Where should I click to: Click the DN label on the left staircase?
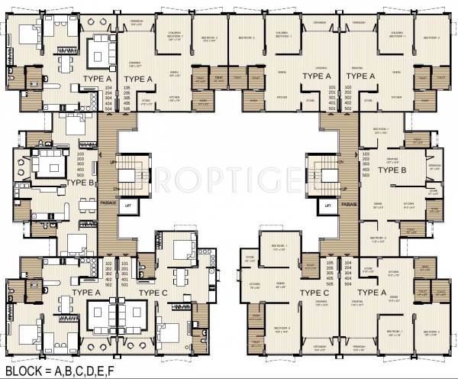[x=114, y=187]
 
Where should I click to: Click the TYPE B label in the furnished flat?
[x=80, y=183]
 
